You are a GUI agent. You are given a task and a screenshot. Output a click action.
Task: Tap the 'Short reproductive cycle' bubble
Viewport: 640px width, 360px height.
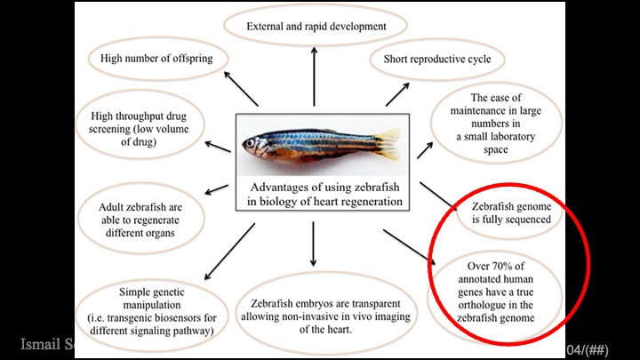436,60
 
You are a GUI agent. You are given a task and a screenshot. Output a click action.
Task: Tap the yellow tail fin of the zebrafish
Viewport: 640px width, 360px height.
388,143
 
